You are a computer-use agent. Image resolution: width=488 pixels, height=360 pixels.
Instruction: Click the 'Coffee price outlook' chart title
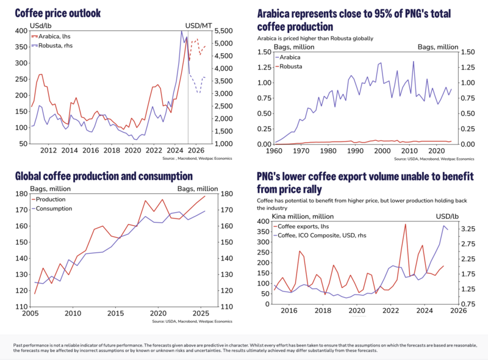[x=57, y=13]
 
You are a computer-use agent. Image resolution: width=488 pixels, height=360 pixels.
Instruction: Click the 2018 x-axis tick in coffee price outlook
[x=111, y=150]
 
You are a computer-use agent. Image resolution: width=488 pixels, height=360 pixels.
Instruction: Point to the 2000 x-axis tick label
[x=382, y=150]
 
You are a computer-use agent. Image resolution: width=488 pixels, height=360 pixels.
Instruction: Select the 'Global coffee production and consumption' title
[x=104, y=176]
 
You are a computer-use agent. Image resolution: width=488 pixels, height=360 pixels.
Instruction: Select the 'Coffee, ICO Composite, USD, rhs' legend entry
[x=332, y=236]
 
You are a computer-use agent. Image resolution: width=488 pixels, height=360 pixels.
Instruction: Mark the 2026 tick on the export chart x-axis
[x=458, y=311]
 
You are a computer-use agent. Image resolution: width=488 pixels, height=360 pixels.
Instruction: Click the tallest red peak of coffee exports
[x=405, y=225]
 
